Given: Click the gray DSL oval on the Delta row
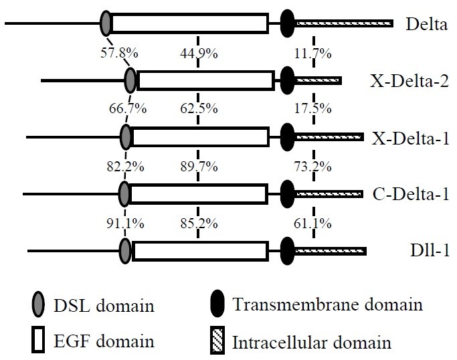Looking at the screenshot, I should pyautogui.click(x=106, y=23).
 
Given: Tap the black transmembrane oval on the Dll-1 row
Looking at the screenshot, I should pyautogui.click(x=288, y=252).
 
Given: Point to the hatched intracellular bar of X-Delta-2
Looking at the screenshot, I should pyautogui.click(x=318, y=81).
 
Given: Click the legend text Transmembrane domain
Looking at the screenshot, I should pyautogui.click(x=327, y=306).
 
